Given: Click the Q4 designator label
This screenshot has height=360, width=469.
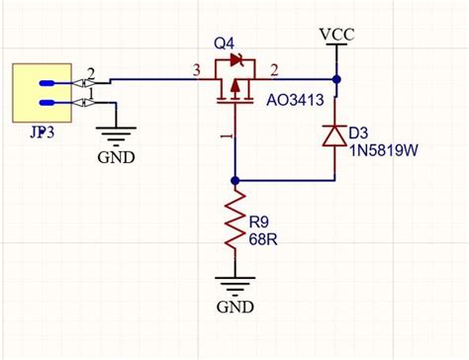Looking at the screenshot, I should (225, 45).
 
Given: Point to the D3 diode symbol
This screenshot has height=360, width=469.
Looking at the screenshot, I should (336, 135).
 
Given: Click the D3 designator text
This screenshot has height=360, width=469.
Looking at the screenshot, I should (359, 132).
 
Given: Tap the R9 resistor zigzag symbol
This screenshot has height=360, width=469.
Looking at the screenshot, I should (234, 224).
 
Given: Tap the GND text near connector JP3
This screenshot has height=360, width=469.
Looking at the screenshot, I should (118, 157).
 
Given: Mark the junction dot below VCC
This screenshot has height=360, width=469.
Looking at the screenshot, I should (336, 78).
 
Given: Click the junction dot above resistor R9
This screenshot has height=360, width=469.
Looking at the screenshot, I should (234, 181).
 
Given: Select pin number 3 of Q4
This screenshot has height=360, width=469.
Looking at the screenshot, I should (196, 68).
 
